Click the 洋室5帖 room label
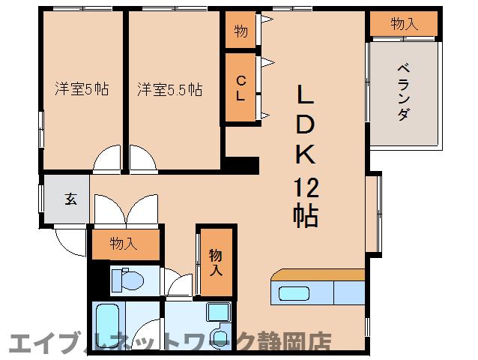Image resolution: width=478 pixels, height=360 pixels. (x=82, y=89)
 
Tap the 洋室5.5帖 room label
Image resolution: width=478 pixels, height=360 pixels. (x=169, y=89)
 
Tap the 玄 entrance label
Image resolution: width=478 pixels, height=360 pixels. (x=70, y=199)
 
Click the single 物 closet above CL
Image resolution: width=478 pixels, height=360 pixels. (x=240, y=31)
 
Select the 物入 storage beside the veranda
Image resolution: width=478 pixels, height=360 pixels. (x=404, y=24)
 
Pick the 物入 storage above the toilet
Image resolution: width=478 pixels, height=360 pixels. (x=124, y=243)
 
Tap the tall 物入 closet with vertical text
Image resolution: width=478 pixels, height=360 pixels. (x=216, y=262)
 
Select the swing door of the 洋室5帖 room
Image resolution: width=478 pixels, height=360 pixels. (x=107, y=158)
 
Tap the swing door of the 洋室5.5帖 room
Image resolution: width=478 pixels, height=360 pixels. (x=142, y=158)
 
